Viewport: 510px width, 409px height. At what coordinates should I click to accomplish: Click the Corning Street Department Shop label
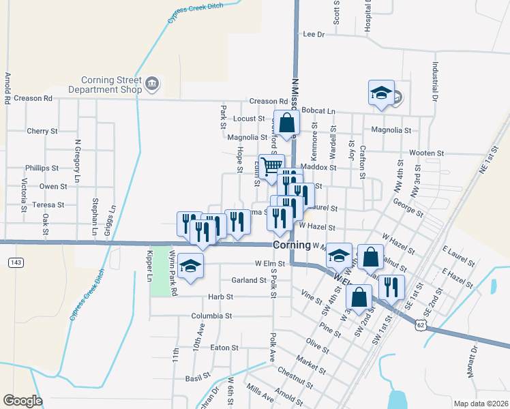[x=112, y=84]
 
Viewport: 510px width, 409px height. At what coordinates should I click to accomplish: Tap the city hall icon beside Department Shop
[x=151, y=84]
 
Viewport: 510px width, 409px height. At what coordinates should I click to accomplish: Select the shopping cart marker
[x=271, y=166]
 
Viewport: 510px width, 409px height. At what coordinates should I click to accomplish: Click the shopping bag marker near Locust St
[x=286, y=123]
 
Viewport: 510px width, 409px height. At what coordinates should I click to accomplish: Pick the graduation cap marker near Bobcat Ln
[x=381, y=93]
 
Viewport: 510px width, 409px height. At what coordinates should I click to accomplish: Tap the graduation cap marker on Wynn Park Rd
[x=191, y=267]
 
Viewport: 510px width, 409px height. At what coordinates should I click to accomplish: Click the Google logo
[x=22, y=400]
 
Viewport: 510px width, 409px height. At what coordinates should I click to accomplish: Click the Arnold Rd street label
[x=7, y=88]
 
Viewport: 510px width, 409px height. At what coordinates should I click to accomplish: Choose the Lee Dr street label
[x=314, y=33]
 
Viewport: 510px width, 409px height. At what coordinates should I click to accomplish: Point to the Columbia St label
[x=211, y=316]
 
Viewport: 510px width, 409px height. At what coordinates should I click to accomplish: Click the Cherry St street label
[x=42, y=131]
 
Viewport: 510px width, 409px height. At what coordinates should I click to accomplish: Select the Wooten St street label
[x=427, y=153]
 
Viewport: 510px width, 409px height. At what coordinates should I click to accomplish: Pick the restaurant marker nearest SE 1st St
[x=391, y=286]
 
